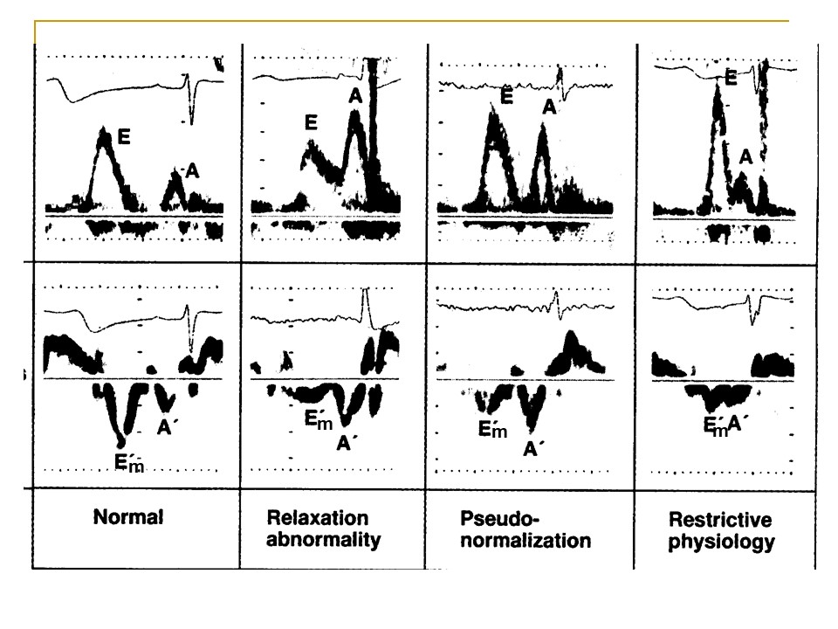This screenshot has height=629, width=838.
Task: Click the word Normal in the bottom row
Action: [128, 517]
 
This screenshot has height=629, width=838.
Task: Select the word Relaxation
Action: [318, 518]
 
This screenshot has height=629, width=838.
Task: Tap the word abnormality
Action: [323, 540]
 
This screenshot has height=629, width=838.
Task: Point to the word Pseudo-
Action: [500, 518]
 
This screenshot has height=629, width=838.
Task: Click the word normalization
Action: [525, 540]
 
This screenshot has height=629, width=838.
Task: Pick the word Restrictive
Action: [720, 519]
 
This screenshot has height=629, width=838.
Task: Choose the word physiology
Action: [722, 542]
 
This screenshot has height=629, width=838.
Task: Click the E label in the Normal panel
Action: [124, 137]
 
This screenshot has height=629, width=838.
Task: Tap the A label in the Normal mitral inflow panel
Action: [192, 171]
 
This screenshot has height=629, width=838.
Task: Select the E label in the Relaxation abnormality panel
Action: [311, 122]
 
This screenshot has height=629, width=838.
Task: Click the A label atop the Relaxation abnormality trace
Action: [355, 96]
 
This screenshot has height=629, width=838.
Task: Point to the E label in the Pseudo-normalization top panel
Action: [506, 96]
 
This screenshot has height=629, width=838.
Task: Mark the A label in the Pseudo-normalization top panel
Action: [549, 107]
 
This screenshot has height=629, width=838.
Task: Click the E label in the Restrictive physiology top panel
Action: [732, 78]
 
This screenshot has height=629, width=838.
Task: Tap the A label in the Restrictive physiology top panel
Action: [745, 156]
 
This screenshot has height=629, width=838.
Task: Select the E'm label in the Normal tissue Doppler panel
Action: [129, 461]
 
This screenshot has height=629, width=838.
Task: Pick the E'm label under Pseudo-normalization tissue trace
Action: [492, 428]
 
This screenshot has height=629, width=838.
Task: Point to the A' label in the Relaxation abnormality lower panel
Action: [346, 442]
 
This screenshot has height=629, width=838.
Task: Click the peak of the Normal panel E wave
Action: [103, 129]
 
